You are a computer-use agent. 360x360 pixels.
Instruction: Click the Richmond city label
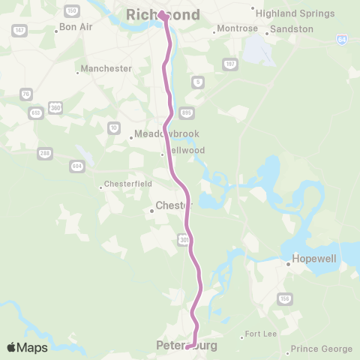[x=163, y=15]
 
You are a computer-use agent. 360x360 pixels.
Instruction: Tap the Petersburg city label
[x=187, y=346]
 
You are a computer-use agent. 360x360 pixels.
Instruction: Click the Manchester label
[x=105, y=68]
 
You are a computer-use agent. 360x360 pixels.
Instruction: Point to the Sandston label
[x=291, y=28]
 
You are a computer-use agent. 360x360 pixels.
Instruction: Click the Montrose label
[x=237, y=28]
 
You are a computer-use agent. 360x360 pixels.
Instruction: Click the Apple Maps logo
[x=27, y=347]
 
